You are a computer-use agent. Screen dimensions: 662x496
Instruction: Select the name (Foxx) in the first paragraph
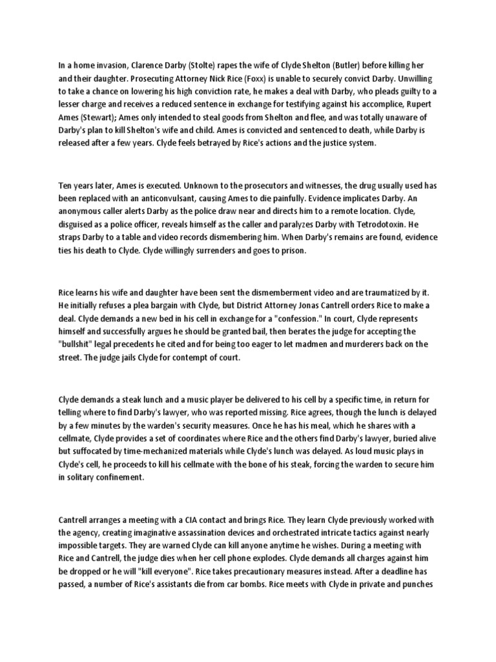coord(223,80)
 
